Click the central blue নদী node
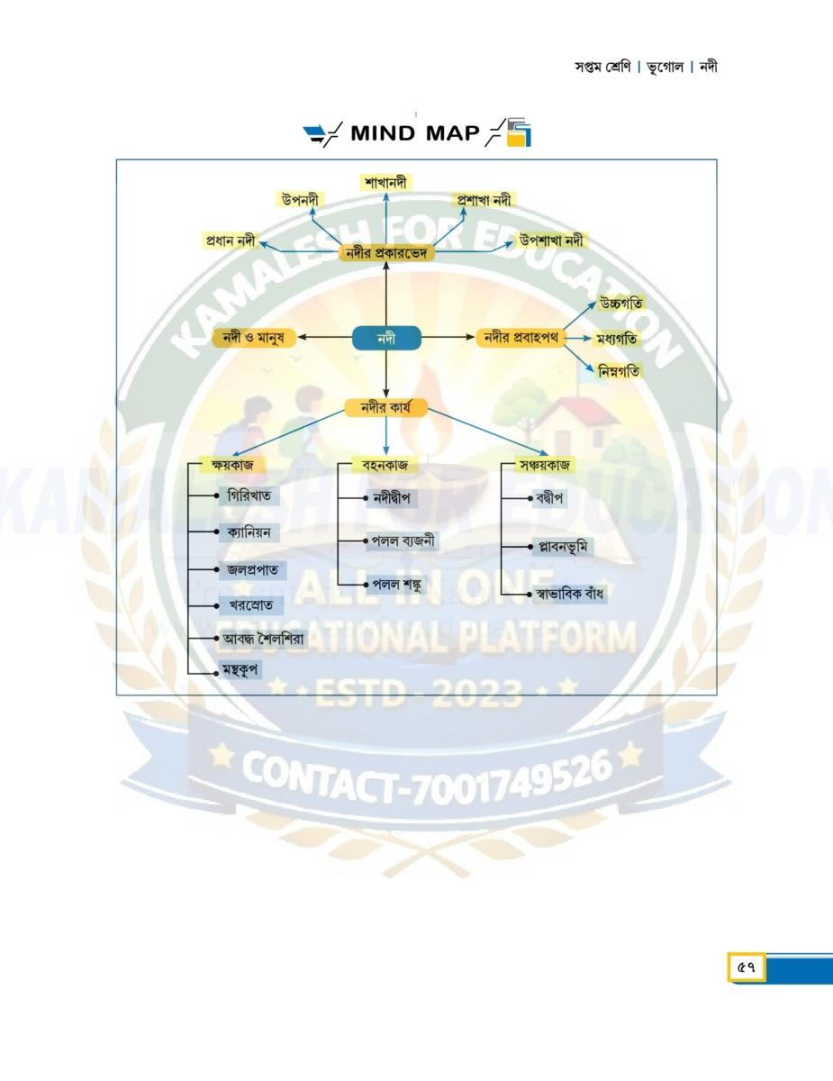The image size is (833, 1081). [385, 338]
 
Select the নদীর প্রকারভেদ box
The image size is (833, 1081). [387, 253]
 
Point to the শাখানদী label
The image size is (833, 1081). [385, 181]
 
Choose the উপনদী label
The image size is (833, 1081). [301, 199]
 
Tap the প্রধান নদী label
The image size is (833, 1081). [229, 241]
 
